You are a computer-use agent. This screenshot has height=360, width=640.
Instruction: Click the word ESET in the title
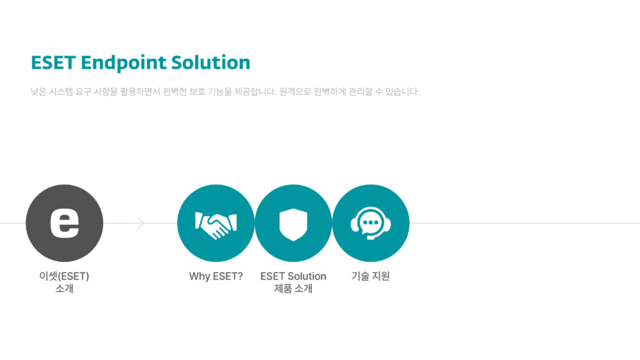coord(53,62)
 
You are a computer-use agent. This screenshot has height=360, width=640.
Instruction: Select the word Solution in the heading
coord(211,62)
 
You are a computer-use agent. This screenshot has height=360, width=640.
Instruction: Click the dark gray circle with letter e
coord(64,223)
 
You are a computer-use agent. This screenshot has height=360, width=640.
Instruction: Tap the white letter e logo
coord(64,223)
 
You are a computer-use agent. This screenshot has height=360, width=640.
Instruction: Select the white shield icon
coord(293,224)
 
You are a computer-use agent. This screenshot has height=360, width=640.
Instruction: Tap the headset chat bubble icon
coord(371,223)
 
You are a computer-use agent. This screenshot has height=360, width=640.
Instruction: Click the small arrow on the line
coord(141,223)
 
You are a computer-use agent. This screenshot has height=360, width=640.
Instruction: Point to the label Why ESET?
coord(216,276)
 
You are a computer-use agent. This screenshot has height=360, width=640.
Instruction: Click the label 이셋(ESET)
coord(64,276)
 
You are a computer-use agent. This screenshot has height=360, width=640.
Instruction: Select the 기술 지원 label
coord(371,276)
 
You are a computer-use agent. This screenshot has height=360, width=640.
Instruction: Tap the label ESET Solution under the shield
coord(293,276)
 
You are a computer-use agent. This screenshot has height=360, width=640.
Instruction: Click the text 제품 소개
coord(293,289)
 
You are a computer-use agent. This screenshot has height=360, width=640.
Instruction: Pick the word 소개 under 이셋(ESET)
coord(64,289)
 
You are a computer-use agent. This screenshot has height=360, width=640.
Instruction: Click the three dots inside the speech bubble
coord(371,222)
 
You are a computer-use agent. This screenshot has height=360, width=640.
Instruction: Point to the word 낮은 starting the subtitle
coord(38,91)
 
